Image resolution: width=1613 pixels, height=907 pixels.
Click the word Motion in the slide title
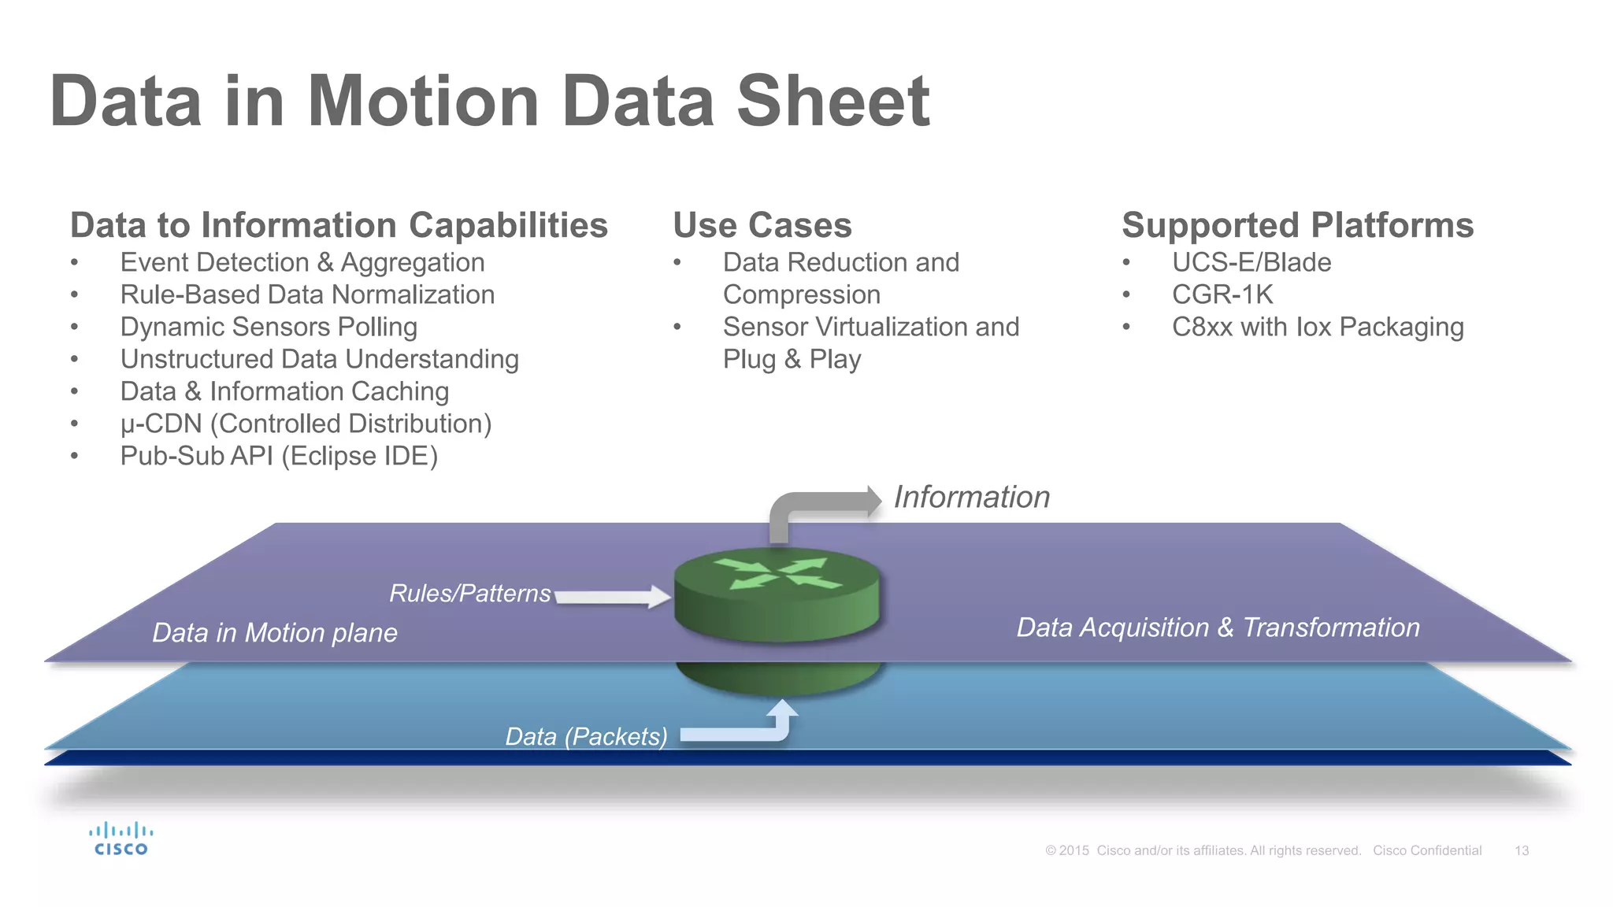[x=423, y=102]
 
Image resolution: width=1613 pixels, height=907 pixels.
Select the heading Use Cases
[x=762, y=225]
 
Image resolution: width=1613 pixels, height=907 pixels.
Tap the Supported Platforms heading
[x=1296, y=225]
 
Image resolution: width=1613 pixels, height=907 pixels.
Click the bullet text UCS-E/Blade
[x=1251, y=262]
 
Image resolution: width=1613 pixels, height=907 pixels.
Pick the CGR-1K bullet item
[x=1222, y=294]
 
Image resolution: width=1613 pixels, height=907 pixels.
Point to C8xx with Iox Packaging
[x=1317, y=327]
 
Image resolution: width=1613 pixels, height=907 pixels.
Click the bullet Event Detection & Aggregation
[x=302, y=262]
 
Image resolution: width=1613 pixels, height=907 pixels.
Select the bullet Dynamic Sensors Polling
[x=269, y=327]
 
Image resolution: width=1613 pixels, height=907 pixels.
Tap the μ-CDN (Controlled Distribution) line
[x=306, y=424]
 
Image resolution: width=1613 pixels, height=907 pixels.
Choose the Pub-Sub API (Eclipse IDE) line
[x=279, y=456]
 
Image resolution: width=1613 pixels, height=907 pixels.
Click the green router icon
[x=777, y=594]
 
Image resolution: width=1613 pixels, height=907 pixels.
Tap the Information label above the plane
[x=971, y=497]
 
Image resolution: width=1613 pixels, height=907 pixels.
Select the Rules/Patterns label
[x=470, y=593]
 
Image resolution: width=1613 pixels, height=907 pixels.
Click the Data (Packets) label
[x=586, y=736]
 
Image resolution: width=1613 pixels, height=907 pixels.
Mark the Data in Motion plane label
[x=274, y=633]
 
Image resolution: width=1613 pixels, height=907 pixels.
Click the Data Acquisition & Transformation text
[x=1218, y=627]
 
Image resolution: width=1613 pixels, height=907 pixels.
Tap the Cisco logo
[x=121, y=839]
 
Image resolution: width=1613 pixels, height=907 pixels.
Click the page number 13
[x=1521, y=850]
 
